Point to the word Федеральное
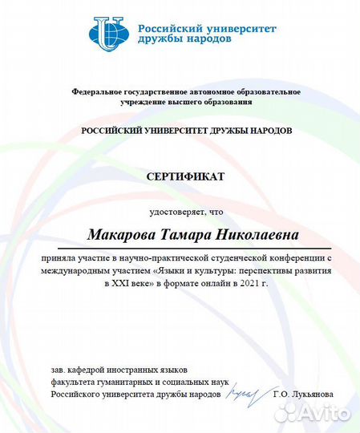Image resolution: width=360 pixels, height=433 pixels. coord(97,92)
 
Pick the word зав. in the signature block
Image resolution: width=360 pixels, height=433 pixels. coord(58,370)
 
